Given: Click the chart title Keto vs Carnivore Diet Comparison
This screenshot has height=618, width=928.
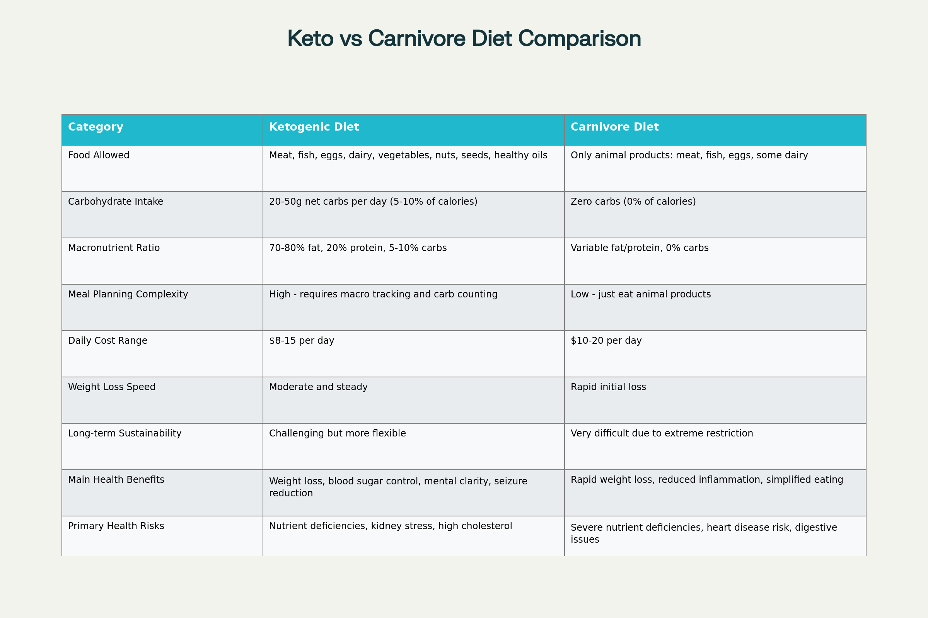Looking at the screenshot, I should (464, 39).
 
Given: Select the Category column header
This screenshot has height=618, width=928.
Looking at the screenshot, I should (96, 127).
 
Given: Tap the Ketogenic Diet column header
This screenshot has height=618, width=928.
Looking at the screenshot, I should (314, 127).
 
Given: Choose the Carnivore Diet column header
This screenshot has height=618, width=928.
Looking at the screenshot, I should (614, 127).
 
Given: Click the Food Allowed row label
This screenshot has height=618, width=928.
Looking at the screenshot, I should (99, 155).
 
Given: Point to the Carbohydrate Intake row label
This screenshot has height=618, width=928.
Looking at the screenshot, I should (115, 202).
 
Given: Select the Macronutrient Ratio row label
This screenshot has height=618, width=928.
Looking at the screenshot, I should (114, 248).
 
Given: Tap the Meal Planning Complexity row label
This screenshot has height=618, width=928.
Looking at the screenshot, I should (128, 294).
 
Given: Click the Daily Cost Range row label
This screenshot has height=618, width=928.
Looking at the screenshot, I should (107, 341).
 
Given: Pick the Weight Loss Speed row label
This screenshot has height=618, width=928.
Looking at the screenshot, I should (112, 387).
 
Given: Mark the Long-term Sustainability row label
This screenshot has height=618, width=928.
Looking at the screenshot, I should (125, 433).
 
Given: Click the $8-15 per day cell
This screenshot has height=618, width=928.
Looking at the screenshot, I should (302, 341).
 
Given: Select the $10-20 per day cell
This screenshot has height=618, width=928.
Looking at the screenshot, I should (606, 341).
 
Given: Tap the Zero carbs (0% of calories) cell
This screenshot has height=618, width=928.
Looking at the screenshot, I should (633, 202).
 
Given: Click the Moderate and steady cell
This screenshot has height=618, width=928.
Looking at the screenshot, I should (318, 387).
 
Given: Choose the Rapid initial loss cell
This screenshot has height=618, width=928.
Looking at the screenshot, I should (608, 387).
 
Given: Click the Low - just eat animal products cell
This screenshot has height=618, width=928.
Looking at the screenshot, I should (640, 294).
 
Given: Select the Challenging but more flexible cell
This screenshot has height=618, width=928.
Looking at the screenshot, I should (337, 433).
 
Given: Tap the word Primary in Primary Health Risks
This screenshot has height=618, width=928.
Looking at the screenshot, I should (84, 526).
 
